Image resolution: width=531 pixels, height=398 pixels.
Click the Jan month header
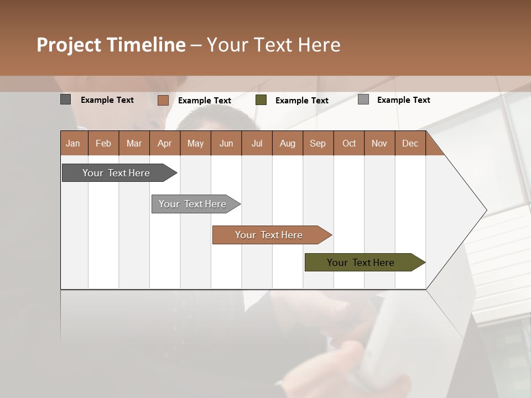click(x=74, y=143)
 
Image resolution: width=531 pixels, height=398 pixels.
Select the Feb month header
click(x=103, y=143)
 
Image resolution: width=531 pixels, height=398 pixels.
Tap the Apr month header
click(x=164, y=143)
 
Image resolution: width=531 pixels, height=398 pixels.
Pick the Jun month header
click(x=226, y=143)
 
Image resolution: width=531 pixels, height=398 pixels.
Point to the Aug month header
click(x=287, y=143)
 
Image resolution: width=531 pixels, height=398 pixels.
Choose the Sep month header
click(x=318, y=143)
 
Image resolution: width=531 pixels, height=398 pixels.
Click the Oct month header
click(x=349, y=143)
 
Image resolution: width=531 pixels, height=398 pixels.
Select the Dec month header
click(x=410, y=143)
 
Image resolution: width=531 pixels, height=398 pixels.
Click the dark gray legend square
click(x=66, y=99)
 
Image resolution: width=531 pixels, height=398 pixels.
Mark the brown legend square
click(x=163, y=100)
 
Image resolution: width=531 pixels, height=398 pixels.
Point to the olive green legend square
click(x=261, y=100)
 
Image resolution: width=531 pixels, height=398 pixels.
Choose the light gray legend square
click(x=363, y=99)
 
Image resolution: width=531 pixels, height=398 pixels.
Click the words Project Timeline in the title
click(x=111, y=45)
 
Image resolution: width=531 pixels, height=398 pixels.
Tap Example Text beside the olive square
click(x=302, y=100)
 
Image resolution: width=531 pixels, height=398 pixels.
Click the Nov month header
click(x=379, y=143)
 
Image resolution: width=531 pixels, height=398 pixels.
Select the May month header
click(x=195, y=143)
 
